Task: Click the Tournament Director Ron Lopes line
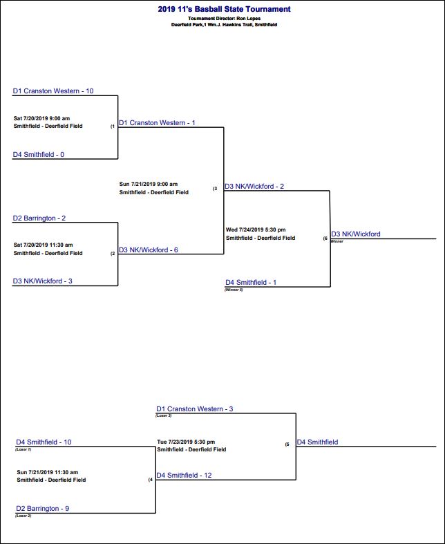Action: click(x=224, y=19)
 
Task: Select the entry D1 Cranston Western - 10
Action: click(x=53, y=91)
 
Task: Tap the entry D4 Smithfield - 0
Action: click(x=39, y=155)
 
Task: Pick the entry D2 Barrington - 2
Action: click(x=39, y=218)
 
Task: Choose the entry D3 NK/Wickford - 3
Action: click(x=43, y=281)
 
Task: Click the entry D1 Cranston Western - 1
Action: click(x=157, y=123)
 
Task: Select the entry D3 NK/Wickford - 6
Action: click(x=149, y=250)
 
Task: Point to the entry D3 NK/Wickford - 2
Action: click(x=254, y=187)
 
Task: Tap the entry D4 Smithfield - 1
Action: click(x=251, y=283)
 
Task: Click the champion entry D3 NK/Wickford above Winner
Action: click(x=356, y=234)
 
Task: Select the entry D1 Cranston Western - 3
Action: click(x=195, y=409)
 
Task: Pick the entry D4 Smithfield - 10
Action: click(x=44, y=442)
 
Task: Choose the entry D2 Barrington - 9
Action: click(x=42, y=509)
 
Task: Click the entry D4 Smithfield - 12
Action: click(x=184, y=476)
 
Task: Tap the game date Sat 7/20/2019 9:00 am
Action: click(x=42, y=118)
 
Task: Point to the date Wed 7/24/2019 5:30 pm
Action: click(x=256, y=230)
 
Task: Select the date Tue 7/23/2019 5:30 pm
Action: click(x=186, y=442)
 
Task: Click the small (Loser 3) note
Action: click(x=164, y=415)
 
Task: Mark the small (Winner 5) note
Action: click(x=234, y=290)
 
